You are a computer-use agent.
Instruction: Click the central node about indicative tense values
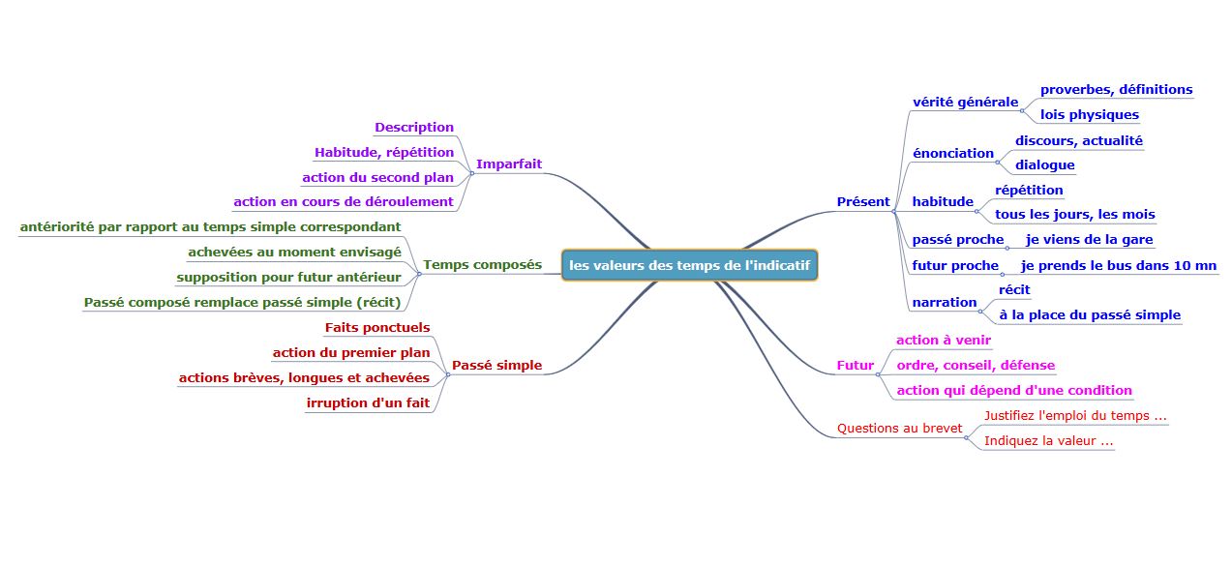pyautogui.click(x=690, y=265)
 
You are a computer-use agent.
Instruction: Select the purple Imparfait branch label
pyautogui.click(x=509, y=164)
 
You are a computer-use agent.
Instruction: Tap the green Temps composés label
pyautogui.click(x=482, y=265)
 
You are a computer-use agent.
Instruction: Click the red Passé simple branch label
pyautogui.click(x=496, y=366)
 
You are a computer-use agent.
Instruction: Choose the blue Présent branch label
pyautogui.click(x=862, y=201)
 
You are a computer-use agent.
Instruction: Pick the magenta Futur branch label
pyautogui.click(x=855, y=366)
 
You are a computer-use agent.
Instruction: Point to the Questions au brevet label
pyautogui.click(x=899, y=428)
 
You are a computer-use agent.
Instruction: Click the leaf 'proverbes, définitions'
pyautogui.click(x=1116, y=89)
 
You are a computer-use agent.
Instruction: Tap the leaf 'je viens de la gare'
pyautogui.click(x=1089, y=239)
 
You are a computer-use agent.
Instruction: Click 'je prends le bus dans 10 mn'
pyautogui.click(x=1119, y=265)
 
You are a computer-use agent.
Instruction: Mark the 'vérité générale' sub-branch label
pyautogui.click(x=965, y=102)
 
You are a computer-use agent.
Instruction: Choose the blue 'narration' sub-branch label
pyautogui.click(x=944, y=302)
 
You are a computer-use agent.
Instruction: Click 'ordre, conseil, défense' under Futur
pyautogui.click(x=976, y=365)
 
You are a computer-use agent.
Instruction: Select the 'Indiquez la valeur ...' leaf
pyautogui.click(x=1048, y=440)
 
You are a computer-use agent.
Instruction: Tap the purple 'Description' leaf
pyautogui.click(x=414, y=127)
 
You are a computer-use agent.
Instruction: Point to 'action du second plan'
pyautogui.click(x=377, y=177)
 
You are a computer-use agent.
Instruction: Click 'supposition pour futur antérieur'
pyautogui.click(x=288, y=277)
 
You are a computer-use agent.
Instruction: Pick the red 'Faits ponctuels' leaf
pyautogui.click(x=377, y=327)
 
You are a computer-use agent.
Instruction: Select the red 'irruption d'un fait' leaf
pyautogui.click(x=368, y=402)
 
